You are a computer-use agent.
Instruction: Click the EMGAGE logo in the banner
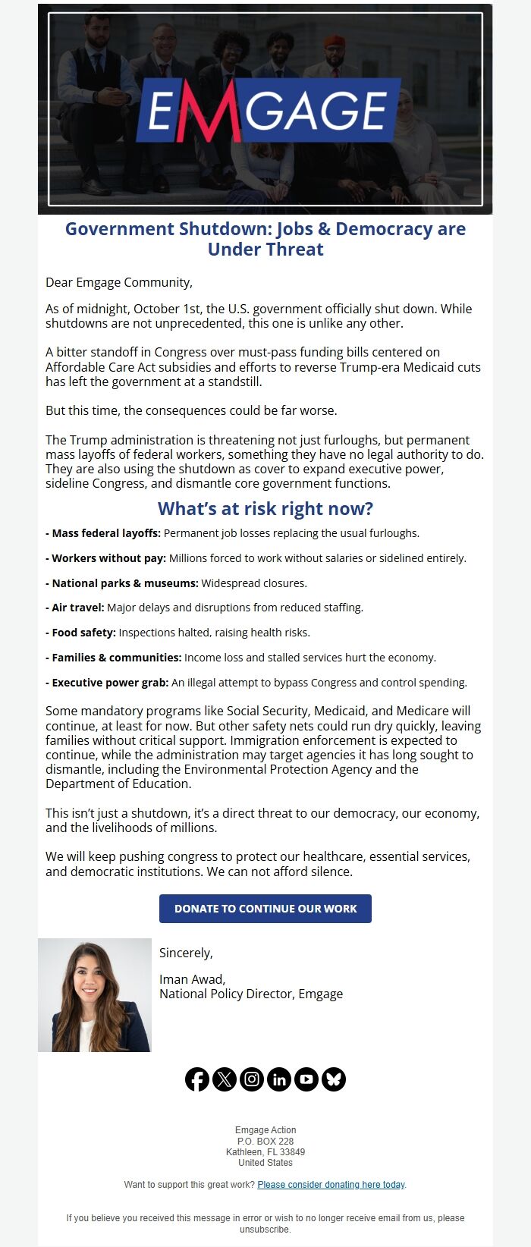268,111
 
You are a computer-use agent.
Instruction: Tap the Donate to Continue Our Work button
265,909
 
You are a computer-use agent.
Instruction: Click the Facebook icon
197,1079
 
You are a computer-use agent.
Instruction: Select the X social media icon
225,1079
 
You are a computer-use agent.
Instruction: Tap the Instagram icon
252,1079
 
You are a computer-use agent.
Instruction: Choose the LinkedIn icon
279,1079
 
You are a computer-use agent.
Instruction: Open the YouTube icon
306,1079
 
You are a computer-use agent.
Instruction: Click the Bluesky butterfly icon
334,1079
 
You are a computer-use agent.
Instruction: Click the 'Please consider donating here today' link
331,1184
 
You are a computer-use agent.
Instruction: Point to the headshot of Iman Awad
95,995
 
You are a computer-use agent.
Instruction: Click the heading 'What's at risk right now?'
265,508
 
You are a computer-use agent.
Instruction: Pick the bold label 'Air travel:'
78,608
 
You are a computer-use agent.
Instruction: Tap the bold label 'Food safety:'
83,633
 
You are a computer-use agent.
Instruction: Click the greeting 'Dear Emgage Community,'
119,282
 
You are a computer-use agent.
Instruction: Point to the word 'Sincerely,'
186,953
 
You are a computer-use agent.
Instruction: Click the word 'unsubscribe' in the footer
265,1229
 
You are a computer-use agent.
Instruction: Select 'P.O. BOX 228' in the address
265,1141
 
